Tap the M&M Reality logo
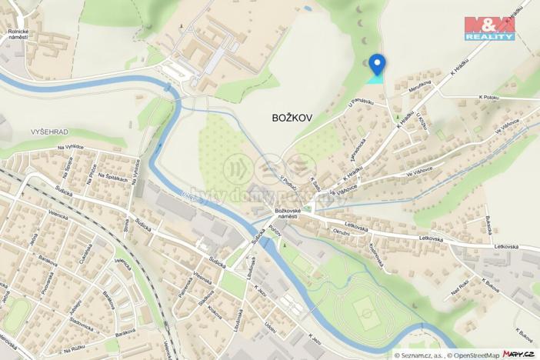[490, 28]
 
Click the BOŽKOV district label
[292, 118]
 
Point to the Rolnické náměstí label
[18, 35]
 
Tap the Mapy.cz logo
[518, 354]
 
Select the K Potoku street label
[489, 98]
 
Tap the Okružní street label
[341, 232]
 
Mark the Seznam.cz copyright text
[419, 355]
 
